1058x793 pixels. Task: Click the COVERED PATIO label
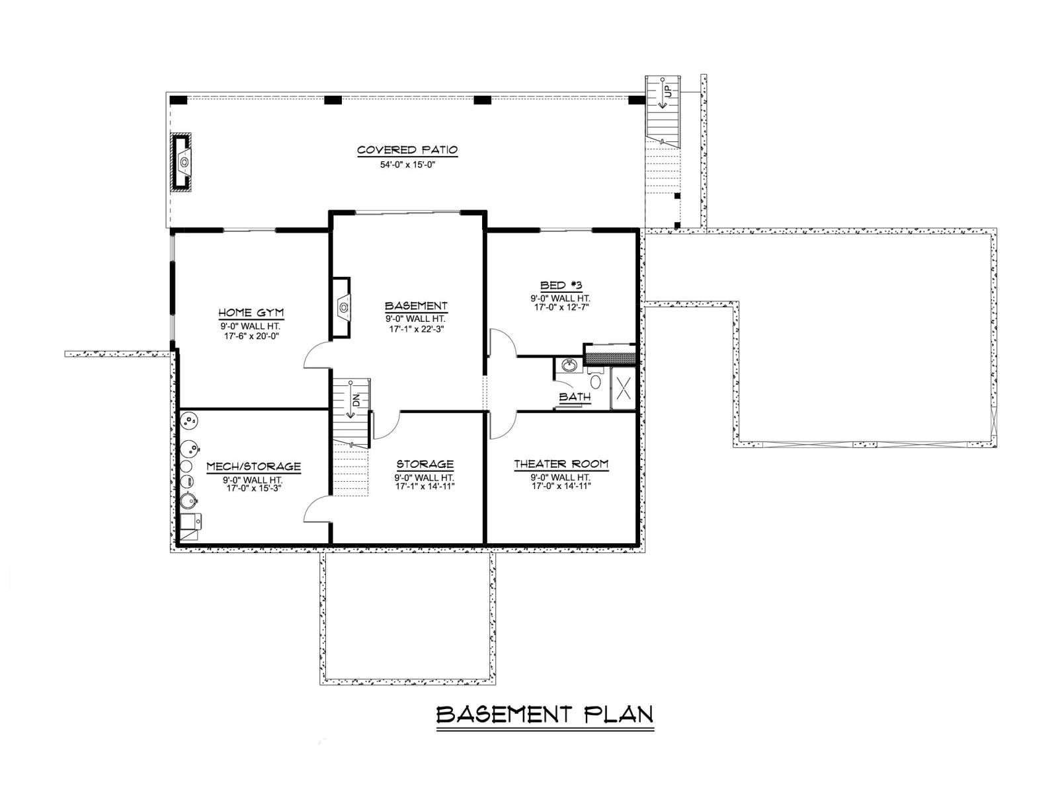pyautogui.click(x=407, y=150)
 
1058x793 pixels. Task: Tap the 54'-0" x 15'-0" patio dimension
pyautogui.click(x=407, y=165)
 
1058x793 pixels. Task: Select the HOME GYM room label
pyautogui.click(x=251, y=313)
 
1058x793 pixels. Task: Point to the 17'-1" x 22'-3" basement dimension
pyautogui.click(x=416, y=329)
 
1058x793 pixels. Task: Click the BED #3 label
pyautogui.click(x=561, y=285)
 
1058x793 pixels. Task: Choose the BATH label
pyautogui.click(x=575, y=397)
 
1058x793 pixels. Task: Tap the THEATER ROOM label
pyautogui.click(x=561, y=464)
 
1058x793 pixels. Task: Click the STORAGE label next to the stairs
pyautogui.click(x=425, y=464)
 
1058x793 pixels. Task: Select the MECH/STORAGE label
pyautogui.click(x=253, y=467)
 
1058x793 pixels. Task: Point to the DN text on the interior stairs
pyautogui.click(x=356, y=400)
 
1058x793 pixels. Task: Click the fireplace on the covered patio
pyautogui.click(x=183, y=163)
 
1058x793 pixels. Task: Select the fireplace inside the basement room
pyautogui.click(x=341, y=308)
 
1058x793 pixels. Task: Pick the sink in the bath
pyautogui.click(x=569, y=366)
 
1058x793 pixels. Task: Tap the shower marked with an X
pyautogui.click(x=624, y=388)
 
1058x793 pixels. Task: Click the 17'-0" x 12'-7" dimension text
pyautogui.click(x=562, y=307)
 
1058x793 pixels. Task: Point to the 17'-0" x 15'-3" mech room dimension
pyautogui.click(x=253, y=488)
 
